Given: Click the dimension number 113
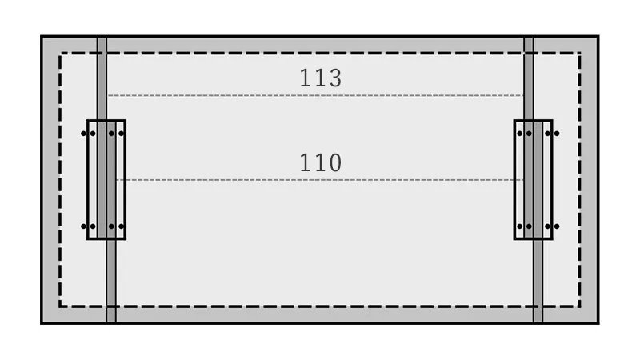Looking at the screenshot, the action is coord(321,78).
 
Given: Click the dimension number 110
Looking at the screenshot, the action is coord(321,162).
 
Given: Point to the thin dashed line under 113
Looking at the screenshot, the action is coord(315,95).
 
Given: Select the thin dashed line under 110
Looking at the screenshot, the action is coord(319,179).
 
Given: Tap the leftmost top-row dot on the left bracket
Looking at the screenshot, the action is coord(84,134).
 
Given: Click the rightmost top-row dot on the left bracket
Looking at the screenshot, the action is coord(122,134).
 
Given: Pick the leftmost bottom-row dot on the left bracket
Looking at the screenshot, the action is coord(84,226).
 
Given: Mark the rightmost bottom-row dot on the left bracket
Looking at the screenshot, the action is coord(122,226).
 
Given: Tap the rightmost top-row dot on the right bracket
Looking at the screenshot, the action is coord(557,134).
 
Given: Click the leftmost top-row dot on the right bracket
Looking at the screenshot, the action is coord(519,134).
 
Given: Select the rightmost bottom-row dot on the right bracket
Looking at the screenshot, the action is coord(557,226).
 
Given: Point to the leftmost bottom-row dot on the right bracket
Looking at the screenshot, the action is coord(519,226).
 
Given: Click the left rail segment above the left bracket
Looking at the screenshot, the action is coord(102,78).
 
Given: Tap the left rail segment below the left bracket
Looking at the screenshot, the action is coord(111,281).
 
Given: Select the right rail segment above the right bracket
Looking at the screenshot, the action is coord(529,78).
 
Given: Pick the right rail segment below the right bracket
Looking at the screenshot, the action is coord(538,281).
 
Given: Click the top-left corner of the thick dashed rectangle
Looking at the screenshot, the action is coord(60,53).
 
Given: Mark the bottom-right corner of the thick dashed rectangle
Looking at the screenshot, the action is coord(579,306).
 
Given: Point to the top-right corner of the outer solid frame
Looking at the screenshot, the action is coord(598,36).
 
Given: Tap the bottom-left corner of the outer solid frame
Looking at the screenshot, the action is coord(42,323).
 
